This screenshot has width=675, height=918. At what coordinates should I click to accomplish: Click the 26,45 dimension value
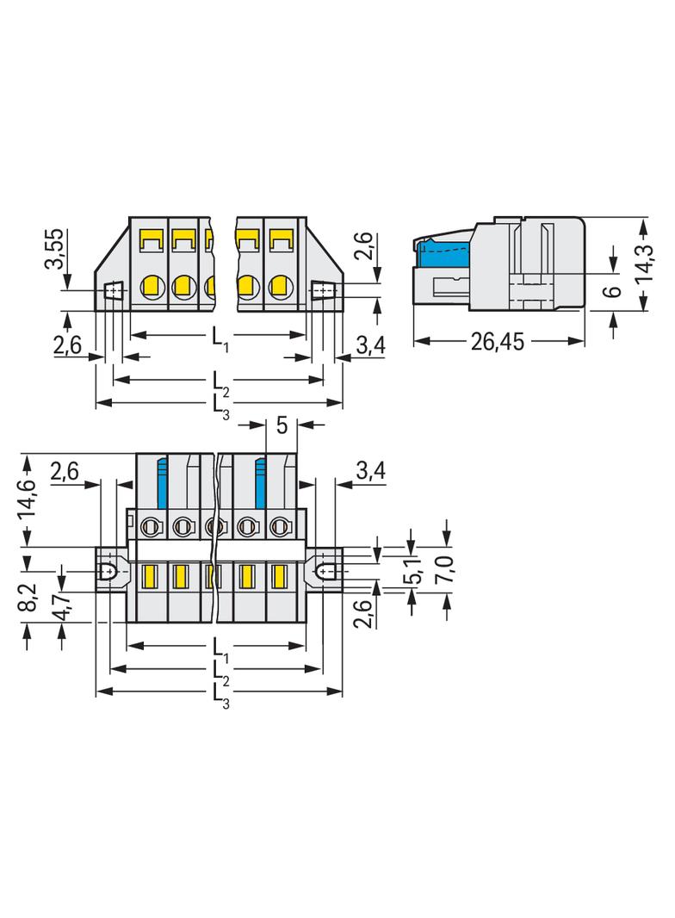(x=498, y=341)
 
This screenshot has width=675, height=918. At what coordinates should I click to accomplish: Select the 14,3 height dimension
(x=645, y=264)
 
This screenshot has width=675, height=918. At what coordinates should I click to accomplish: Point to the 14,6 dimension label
(x=27, y=498)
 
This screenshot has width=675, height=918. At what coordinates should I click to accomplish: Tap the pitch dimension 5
(x=282, y=425)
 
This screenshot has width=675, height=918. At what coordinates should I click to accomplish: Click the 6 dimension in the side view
(x=612, y=290)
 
